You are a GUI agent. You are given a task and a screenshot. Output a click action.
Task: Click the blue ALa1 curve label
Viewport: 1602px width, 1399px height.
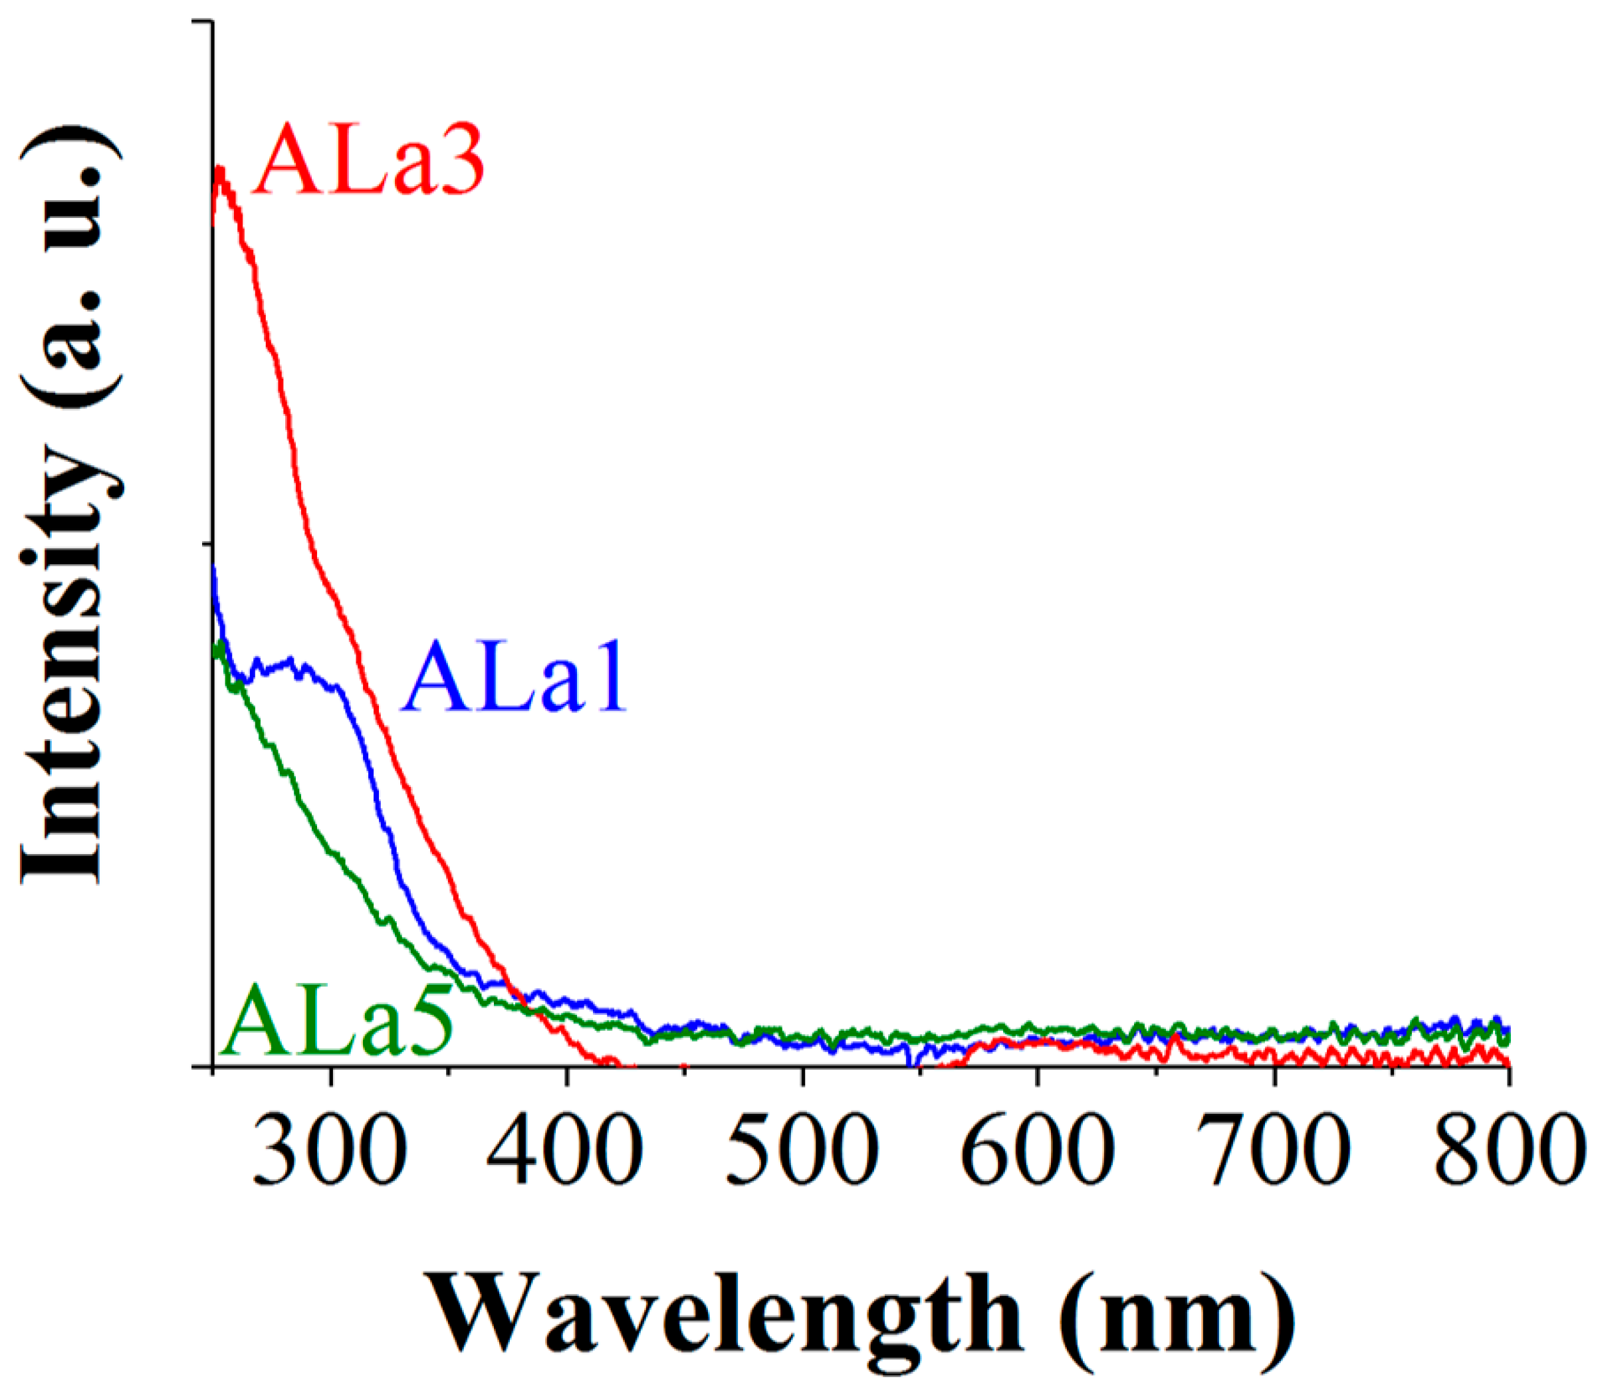tap(514, 676)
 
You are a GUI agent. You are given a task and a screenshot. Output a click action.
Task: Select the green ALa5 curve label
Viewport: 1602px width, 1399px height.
tap(337, 1018)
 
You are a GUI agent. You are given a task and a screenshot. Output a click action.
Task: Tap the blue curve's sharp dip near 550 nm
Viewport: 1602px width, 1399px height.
tap(910, 1062)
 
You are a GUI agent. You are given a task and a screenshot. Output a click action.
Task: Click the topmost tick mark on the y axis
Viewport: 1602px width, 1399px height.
tap(201, 21)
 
